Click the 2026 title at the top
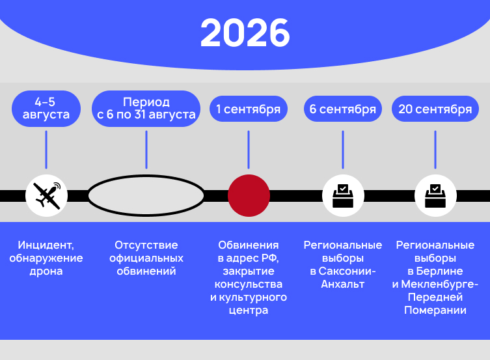pos(245,33)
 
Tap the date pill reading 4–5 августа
pos(46,109)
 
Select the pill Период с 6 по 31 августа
pos(146,109)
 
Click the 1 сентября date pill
pos(249,109)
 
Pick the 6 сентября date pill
pos(343,109)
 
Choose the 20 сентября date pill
pos(435,109)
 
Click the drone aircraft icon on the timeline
pos(47,196)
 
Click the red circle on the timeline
pos(249,196)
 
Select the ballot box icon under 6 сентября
pos(343,196)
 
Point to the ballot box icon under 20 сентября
pos(435,196)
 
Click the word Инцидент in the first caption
pos(46,245)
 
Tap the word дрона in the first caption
pos(46,271)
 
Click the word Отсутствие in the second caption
pos(146,245)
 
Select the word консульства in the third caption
pos(249,284)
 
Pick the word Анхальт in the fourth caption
pos(343,284)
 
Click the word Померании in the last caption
pos(435,311)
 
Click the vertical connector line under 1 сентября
pos(249,150)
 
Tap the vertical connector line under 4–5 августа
pos(46,150)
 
